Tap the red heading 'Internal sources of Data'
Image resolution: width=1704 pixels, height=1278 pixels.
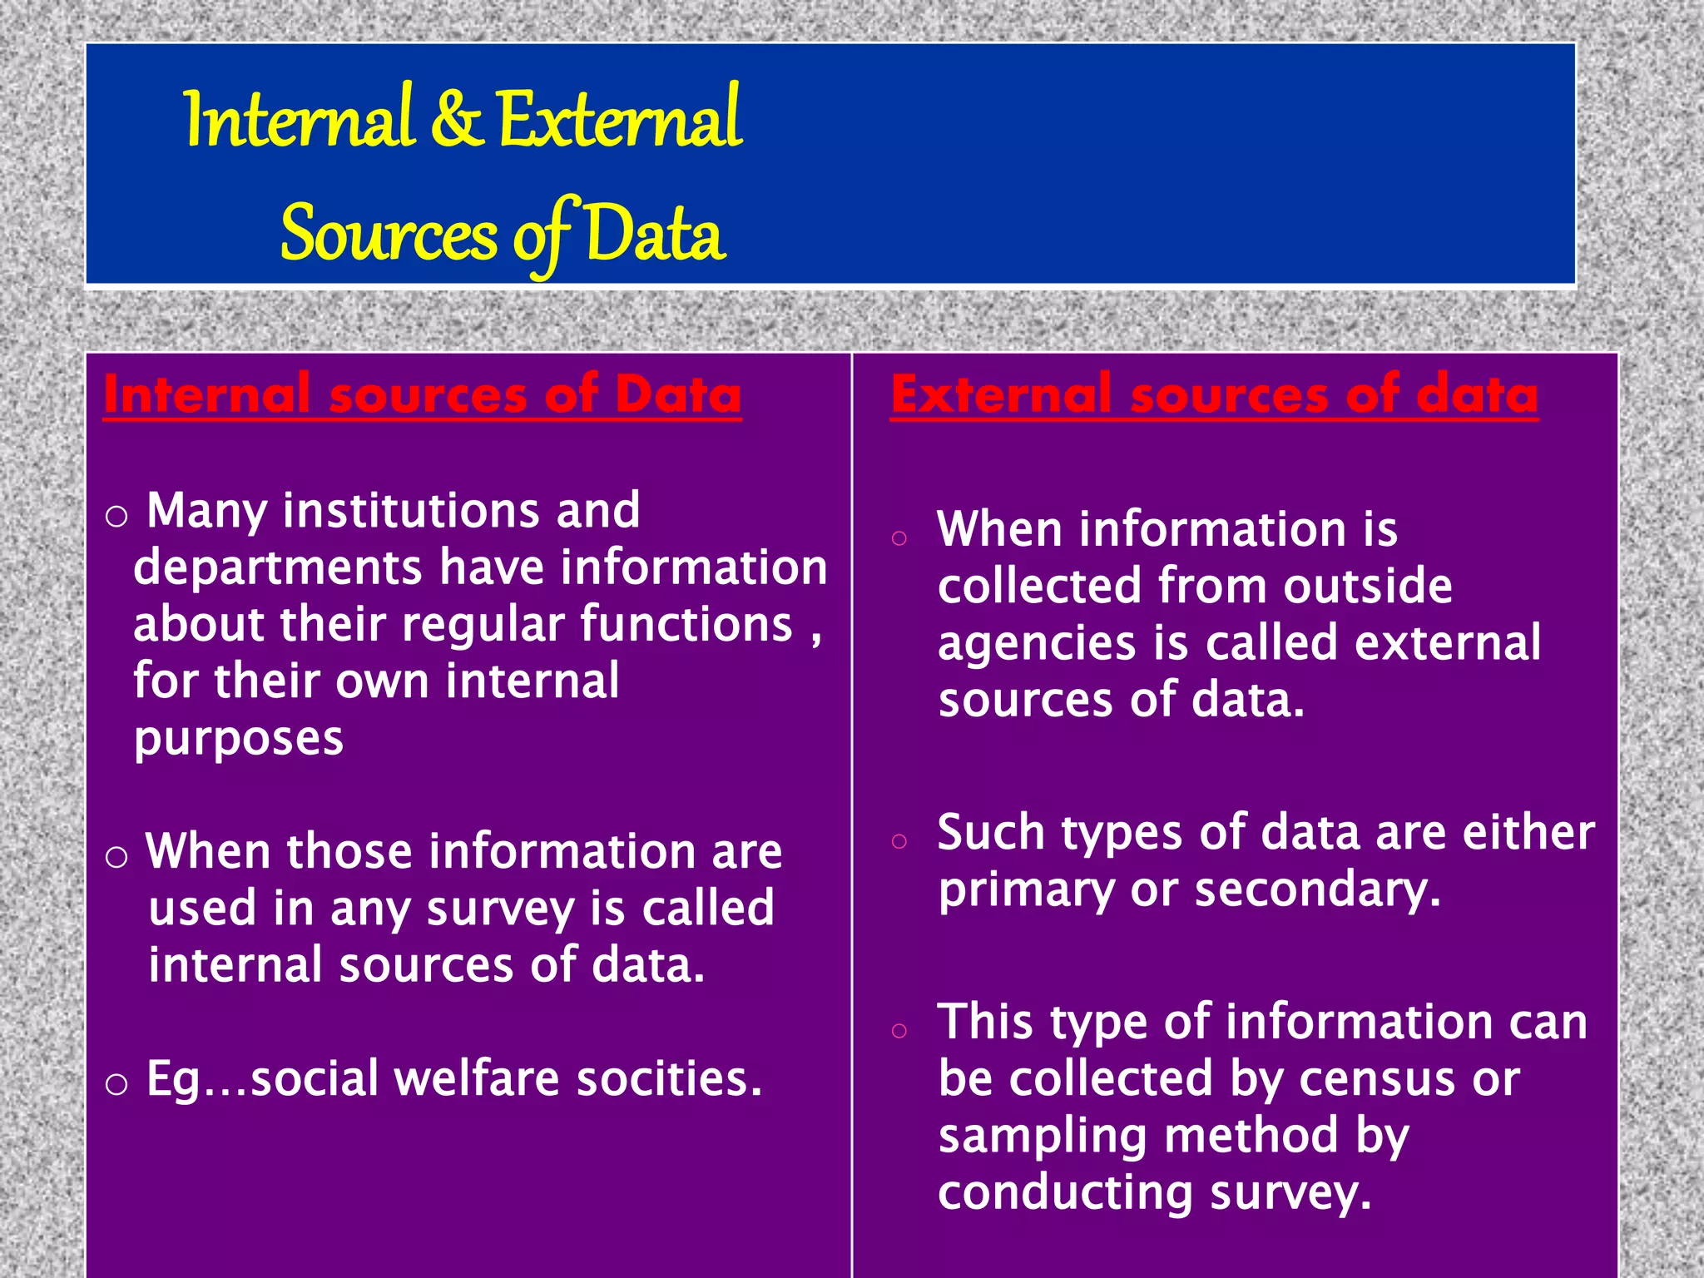(422, 394)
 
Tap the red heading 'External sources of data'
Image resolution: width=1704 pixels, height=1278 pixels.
(1214, 394)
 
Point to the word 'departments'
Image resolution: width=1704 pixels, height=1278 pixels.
(278, 568)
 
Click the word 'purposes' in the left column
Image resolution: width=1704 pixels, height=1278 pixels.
(238, 739)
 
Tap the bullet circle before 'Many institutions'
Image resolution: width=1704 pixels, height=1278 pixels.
(116, 517)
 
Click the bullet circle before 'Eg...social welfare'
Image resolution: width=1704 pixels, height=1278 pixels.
(116, 1084)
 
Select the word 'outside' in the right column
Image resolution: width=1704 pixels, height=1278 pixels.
(1367, 586)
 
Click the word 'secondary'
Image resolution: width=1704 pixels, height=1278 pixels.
(1317, 889)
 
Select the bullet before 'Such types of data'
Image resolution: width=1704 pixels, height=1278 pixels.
(899, 841)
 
